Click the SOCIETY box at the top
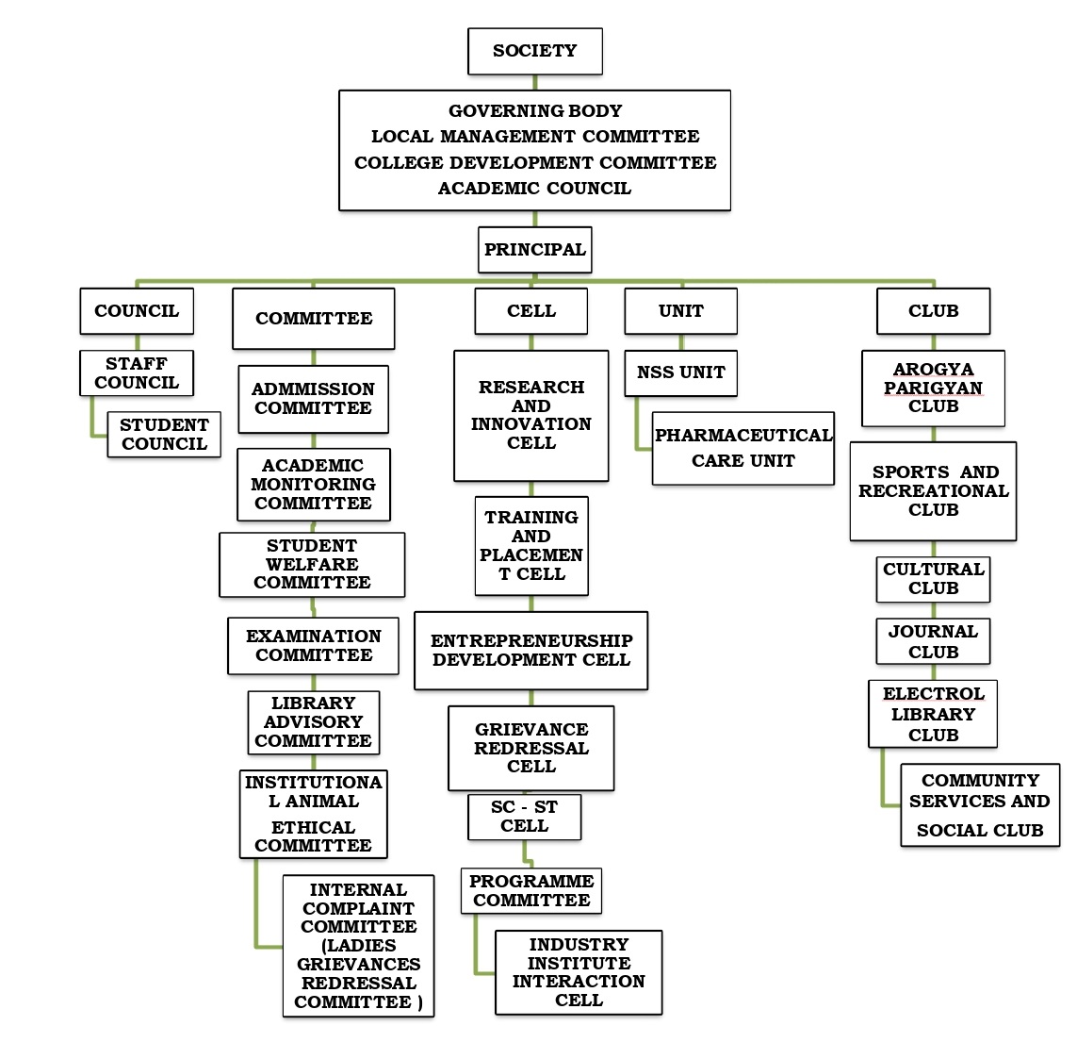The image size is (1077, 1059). [x=534, y=51]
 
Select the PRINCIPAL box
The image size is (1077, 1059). [x=534, y=250]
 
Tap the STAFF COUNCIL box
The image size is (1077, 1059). [x=137, y=373]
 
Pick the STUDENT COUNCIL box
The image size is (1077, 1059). [x=164, y=435]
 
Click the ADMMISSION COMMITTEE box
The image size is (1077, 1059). [x=313, y=399]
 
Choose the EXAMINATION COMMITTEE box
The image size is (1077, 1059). [x=313, y=646]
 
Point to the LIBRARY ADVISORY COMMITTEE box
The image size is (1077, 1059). [x=313, y=722]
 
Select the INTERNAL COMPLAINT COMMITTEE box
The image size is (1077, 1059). [x=358, y=946]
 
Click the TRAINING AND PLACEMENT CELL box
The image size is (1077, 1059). [x=531, y=546]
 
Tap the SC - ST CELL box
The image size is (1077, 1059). [x=524, y=817]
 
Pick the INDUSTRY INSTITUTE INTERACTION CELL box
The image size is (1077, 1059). [x=579, y=972]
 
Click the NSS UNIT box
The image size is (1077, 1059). [x=680, y=373]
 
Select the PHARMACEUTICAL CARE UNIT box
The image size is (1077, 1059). [x=742, y=448]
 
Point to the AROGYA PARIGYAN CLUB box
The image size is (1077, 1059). [x=933, y=389]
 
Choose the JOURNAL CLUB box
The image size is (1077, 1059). [x=933, y=641]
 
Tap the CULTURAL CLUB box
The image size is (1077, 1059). [x=933, y=579]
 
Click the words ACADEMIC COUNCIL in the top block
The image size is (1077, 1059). [x=534, y=189]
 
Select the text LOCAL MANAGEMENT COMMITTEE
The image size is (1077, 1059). [x=534, y=137]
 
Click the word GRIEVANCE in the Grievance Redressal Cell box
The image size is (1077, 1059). [x=531, y=730]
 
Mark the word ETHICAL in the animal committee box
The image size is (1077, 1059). [x=313, y=827]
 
